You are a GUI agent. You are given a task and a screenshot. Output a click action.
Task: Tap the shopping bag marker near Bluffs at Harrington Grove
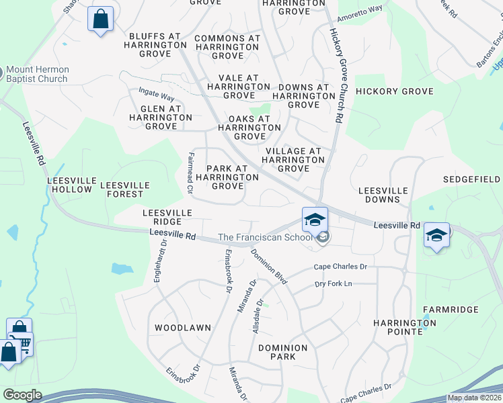pyautogui.click(x=100, y=20)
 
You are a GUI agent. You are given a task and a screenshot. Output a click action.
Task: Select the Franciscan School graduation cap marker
pyautogui.click(x=314, y=220)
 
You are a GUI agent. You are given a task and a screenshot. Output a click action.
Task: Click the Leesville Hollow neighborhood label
pyautogui.click(x=69, y=185)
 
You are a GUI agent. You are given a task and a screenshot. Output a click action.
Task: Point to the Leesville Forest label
pyautogui.click(x=122, y=189)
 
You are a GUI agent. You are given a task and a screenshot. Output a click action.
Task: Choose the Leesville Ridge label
pyautogui.click(x=167, y=217)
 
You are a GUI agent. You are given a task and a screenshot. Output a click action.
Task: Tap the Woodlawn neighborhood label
pyautogui.click(x=183, y=328)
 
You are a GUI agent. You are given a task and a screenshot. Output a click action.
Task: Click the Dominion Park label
pyautogui.click(x=282, y=352)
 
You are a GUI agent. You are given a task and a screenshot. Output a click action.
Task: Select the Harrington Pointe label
pyautogui.click(x=405, y=327)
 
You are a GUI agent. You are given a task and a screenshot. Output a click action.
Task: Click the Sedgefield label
pyautogui.click(x=471, y=179)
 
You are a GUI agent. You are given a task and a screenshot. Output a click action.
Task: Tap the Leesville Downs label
pyautogui.click(x=383, y=195)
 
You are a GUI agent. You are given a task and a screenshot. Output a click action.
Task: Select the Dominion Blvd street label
pyautogui.click(x=269, y=266)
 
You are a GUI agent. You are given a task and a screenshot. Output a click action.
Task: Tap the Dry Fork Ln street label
pyautogui.click(x=334, y=284)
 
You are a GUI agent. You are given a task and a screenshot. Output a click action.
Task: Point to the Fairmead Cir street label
pyautogui.click(x=190, y=173)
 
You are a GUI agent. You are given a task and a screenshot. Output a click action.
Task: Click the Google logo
pyautogui.click(x=22, y=395)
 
